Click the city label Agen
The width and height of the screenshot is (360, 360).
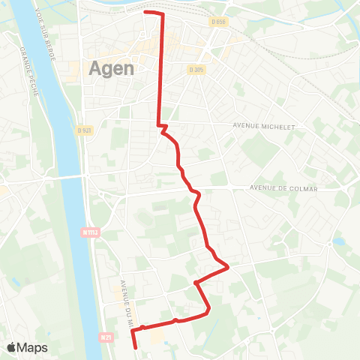coord(112,67)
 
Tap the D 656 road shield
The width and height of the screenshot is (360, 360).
coord(218,22)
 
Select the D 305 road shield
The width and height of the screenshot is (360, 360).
coord(196,68)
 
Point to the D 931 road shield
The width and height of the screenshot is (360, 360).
coord(84,130)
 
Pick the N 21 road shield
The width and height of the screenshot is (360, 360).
coord(105,338)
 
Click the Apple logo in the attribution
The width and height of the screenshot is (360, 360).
coord(12,347)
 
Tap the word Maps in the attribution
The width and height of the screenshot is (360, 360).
coord(33,347)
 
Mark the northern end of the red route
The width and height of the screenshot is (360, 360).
coord(145,13)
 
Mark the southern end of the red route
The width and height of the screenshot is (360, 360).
coord(135,347)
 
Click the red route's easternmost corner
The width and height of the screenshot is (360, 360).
coord(227,265)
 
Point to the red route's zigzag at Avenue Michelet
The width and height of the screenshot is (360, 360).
coord(160,127)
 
